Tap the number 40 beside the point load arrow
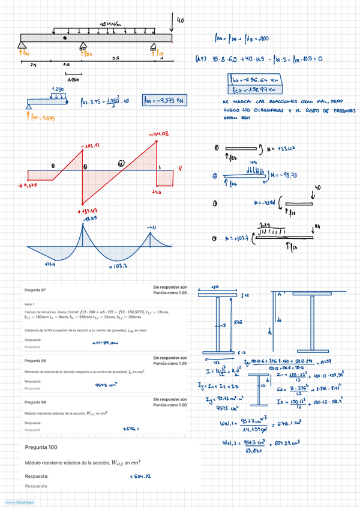pyautogui.click(x=180, y=20)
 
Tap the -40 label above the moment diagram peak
pyautogui.click(x=151, y=228)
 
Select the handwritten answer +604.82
pyautogui.click(x=139, y=477)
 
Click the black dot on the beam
pyautogui.click(x=64, y=38)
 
